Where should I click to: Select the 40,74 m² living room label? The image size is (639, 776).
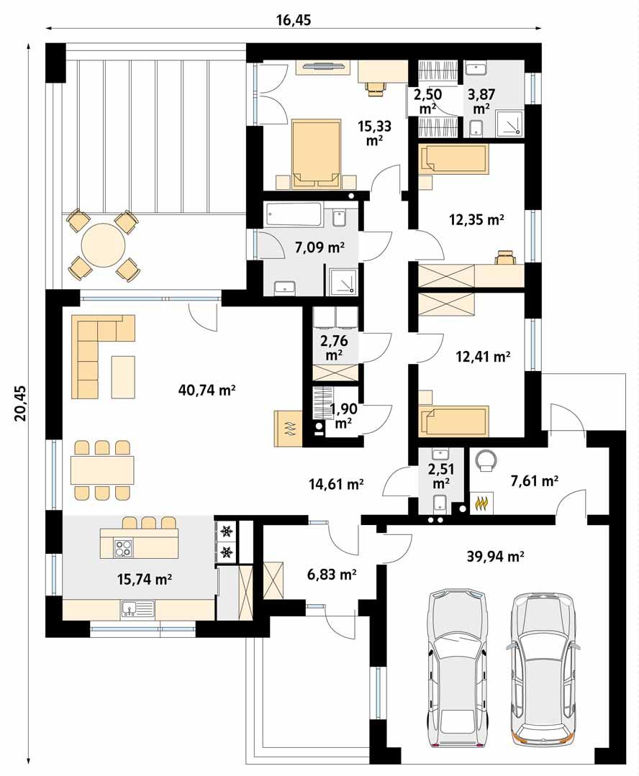point(207,390)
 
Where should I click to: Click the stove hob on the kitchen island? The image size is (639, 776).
point(123,548)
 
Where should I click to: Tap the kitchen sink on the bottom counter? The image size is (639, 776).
point(137,609)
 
